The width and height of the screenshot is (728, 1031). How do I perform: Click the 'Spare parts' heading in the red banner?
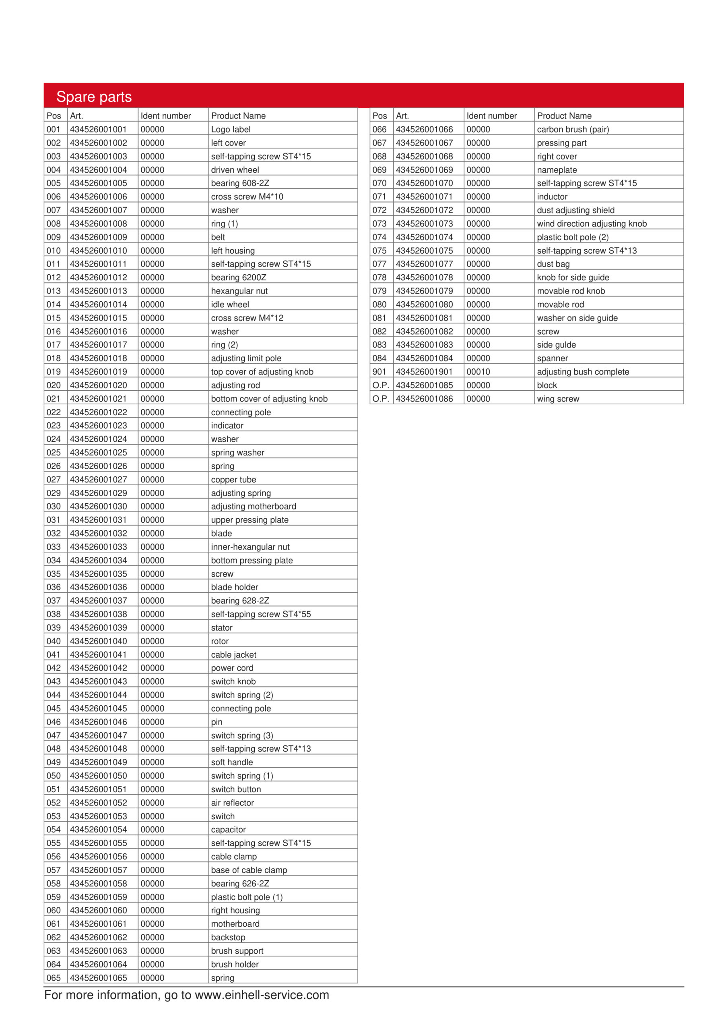click(x=94, y=97)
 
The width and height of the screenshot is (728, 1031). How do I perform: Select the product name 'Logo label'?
click(x=231, y=129)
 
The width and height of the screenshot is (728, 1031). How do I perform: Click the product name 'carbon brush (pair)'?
click(x=573, y=129)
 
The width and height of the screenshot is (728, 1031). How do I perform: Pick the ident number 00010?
click(x=478, y=372)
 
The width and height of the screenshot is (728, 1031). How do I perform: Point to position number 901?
click(x=379, y=372)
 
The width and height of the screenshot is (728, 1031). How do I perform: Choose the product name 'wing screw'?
click(x=558, y=399)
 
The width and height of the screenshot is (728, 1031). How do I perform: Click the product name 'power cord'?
click(x=232, y=668)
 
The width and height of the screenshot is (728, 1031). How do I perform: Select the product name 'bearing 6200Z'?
click(x=238, y=277)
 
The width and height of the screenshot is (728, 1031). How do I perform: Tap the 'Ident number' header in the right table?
click(x=491, y=116)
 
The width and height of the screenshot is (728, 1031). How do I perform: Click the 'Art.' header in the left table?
click(x=76, y=116)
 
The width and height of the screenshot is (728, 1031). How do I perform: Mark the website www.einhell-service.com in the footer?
click(x=262, y=995)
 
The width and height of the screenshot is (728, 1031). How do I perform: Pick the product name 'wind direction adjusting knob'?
click(x=592, y=224)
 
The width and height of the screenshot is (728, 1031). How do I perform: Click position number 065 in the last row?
click(x=54, y=977)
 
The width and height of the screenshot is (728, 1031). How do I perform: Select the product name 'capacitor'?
click(x=228, y=829)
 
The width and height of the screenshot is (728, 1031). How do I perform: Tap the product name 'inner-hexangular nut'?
click(x=250, y=547)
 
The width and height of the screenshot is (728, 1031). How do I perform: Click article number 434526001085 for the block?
click(x=424, y=385)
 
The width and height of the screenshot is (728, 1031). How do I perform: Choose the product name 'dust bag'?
click(x=553, y=264)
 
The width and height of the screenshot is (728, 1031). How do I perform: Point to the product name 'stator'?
click(x=222, y=627)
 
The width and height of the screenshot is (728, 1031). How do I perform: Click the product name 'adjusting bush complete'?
click(x=583, y=372)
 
